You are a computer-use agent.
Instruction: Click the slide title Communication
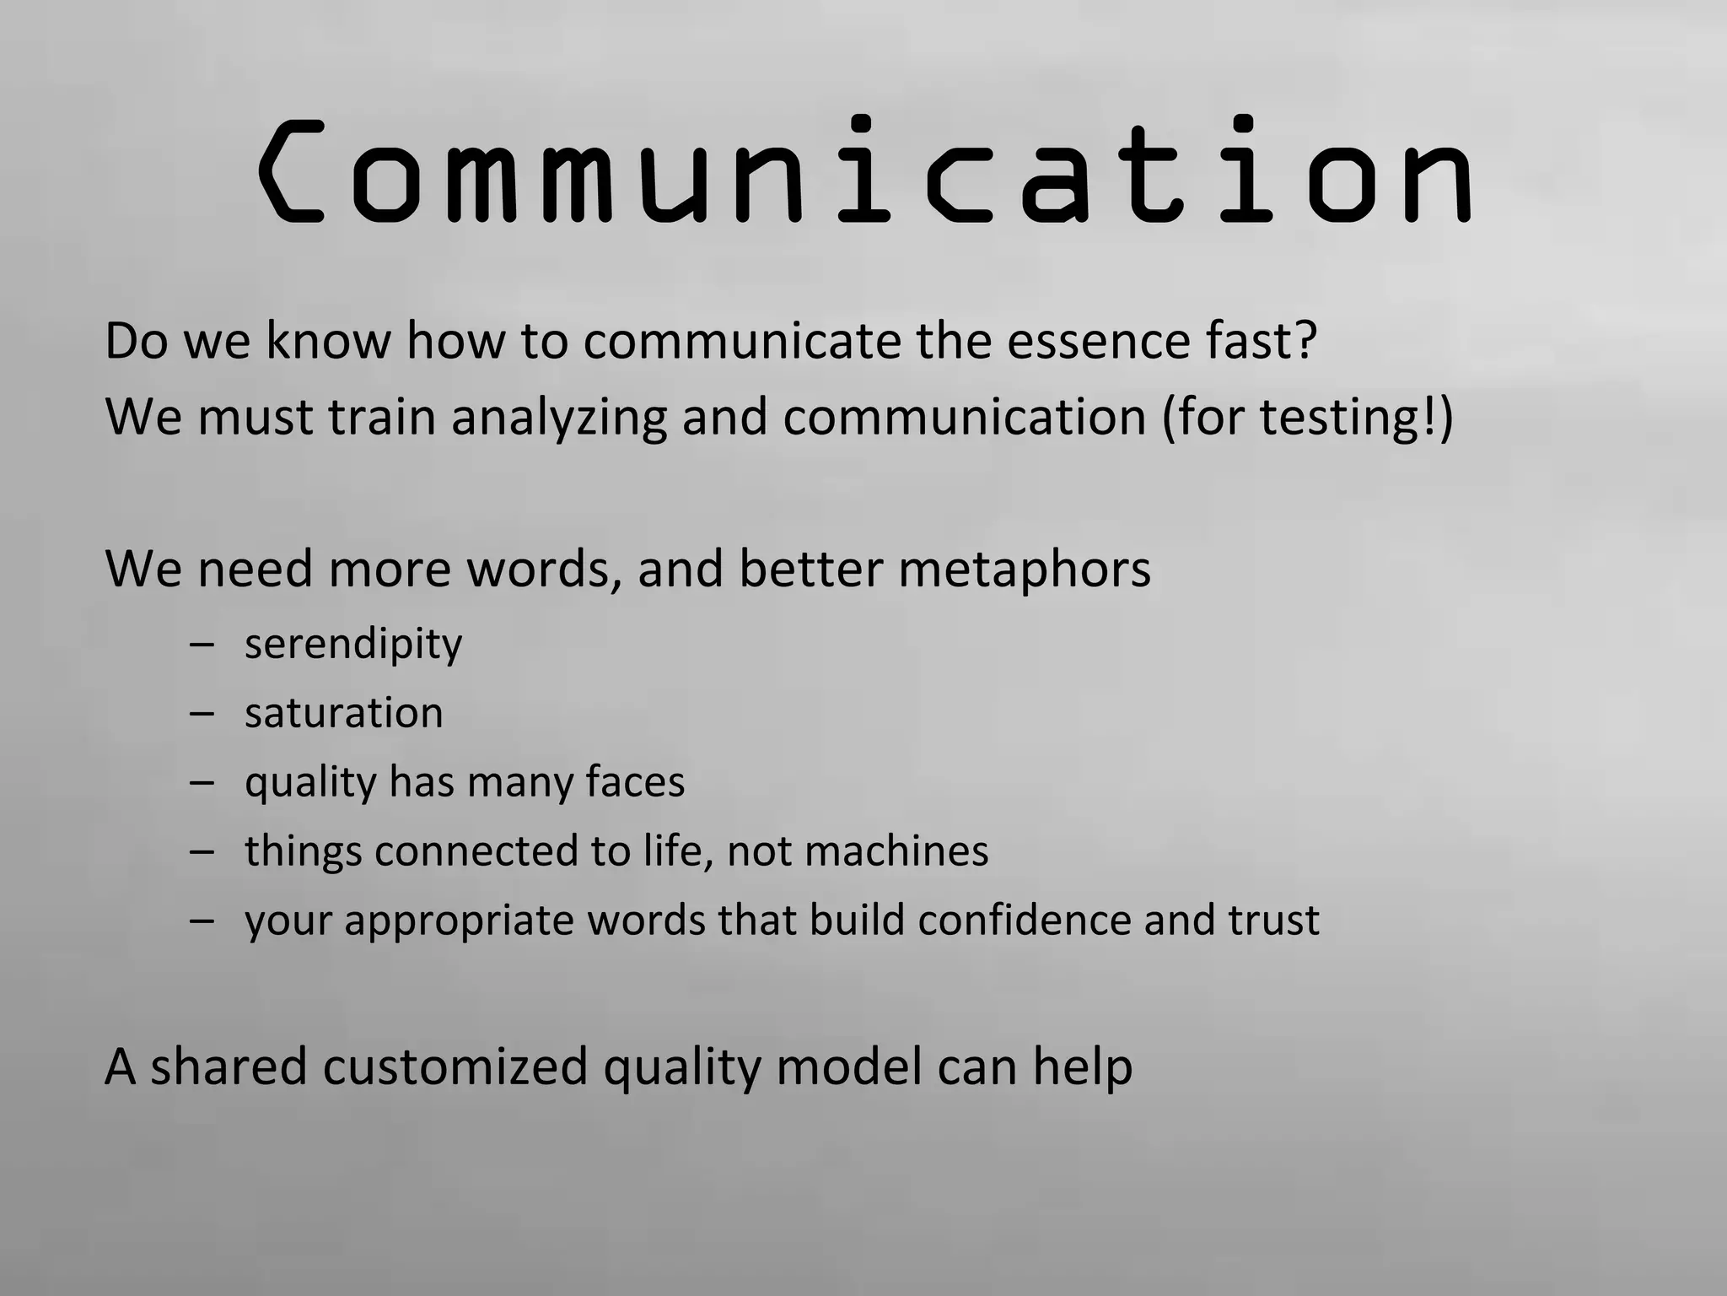click(865, 172)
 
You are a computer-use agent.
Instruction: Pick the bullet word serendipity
click(353, 646)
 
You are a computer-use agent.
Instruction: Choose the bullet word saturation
click(343, 713)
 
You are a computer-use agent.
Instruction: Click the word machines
click(896, 850)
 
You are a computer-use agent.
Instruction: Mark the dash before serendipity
click(202, 646)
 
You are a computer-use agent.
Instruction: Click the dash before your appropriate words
click(202, 920)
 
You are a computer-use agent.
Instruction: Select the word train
click(382, 418)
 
